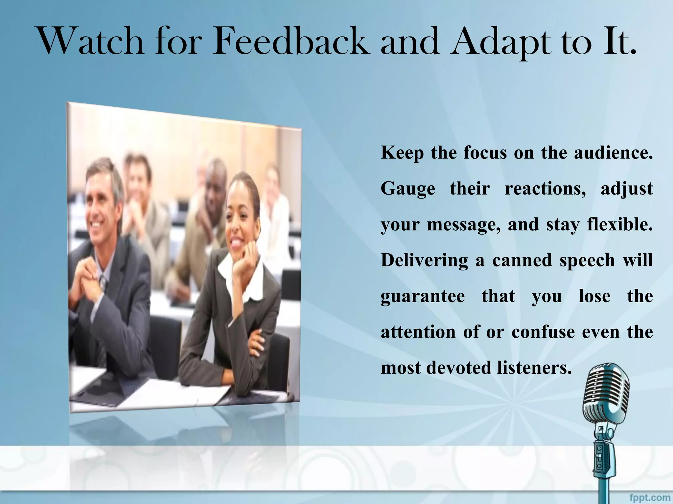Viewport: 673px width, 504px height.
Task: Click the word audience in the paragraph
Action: coord(613,153)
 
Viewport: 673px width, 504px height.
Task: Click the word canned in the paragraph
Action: coord(522,260)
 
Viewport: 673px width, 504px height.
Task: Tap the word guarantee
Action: coord(423,297)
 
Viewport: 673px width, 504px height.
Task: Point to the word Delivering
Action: coord(424,261)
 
